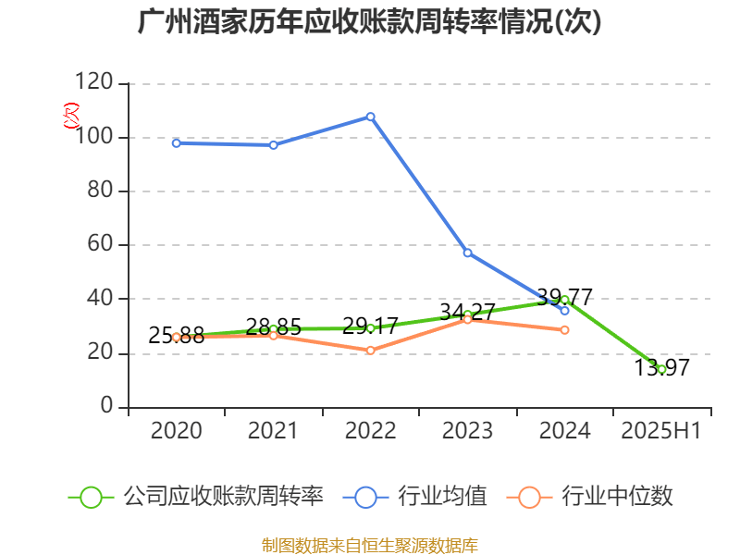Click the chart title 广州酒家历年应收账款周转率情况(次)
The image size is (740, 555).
tap(369, 21)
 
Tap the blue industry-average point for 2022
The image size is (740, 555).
tap(370, 117)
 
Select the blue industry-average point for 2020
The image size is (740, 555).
tap(176, 142)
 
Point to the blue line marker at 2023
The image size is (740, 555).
tap(467, 253)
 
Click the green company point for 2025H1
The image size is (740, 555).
tap(661, 369)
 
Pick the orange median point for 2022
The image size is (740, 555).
tap(370, 351)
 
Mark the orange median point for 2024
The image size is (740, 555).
tap(564, 330)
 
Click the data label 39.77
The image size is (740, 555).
tap(564, 298)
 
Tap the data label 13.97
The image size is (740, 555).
tap(661, 368)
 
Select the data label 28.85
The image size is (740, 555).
tap(273, 327)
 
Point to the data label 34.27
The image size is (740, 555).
tap(467, 312)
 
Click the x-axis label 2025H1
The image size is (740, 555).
tap(661, 431)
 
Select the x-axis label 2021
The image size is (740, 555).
tap(273, 431)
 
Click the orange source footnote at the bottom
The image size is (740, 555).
tap(369, 545)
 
